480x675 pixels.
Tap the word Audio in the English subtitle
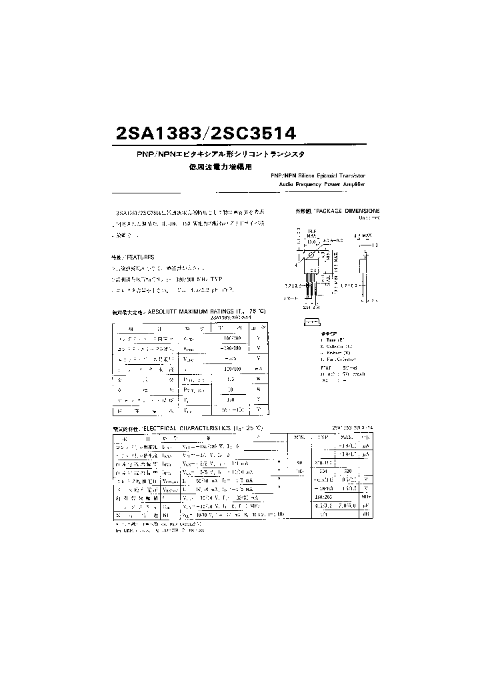pos(287,183)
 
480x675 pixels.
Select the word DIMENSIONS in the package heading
pos(365,209)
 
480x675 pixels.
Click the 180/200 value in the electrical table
pos(324,496)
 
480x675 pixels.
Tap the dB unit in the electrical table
pos(365,515)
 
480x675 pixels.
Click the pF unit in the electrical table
pos(365,506)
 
